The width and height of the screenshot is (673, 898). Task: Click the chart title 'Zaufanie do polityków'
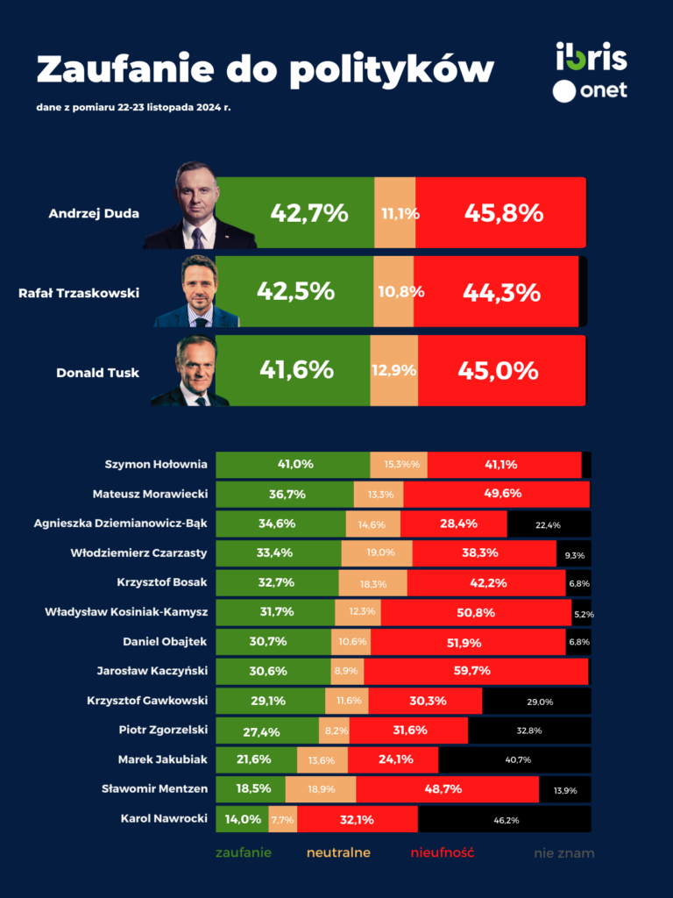tap(264, 68)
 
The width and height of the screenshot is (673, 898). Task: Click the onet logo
tap(591, 89)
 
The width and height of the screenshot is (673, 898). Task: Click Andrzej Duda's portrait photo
tap(200, 206)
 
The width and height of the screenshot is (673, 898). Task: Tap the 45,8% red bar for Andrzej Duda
tap(500, 213)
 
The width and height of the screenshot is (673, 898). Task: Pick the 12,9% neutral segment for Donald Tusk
tap(393, 371)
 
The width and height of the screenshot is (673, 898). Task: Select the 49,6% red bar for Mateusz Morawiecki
tap(496, 495)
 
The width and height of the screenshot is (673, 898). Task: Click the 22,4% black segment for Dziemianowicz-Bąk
tap(549, 524)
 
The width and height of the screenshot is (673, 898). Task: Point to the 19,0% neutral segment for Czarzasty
tap(377, 553)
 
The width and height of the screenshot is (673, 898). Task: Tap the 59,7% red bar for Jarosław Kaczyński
tap(476, 671)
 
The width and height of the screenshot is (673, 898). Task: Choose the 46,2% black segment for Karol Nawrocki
tap(505, 820)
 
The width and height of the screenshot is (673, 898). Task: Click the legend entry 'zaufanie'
tap(244, 852)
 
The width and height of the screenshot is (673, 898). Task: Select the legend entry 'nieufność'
tap(443, 852)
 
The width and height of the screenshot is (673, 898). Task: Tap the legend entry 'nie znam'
tap(564, 852)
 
